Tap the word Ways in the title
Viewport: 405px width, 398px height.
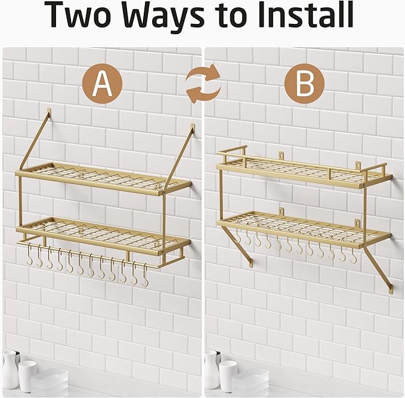163,17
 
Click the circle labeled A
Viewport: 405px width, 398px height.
102,84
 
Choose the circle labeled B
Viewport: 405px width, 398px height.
304,84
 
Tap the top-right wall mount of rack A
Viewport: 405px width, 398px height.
193,127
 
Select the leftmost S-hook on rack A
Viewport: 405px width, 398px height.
29,255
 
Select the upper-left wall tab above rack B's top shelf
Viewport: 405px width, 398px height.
282,156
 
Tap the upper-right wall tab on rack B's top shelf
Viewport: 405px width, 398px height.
358,166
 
